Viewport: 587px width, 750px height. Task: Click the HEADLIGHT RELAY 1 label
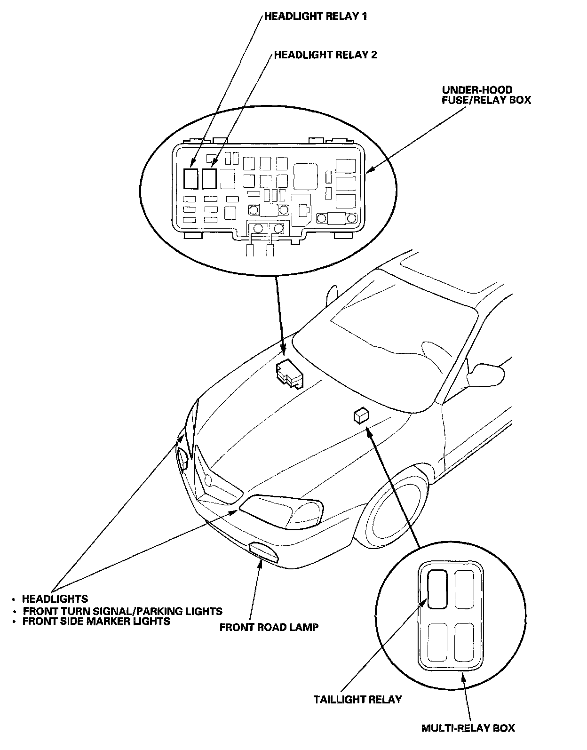tap(315, 16)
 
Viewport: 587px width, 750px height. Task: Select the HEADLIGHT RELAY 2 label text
tap(325, 55)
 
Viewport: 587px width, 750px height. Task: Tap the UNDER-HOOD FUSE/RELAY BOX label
tap(486, 95)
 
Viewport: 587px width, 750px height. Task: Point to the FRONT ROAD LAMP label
tap(269, 627)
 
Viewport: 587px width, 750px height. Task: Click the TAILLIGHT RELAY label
tap(357, 699)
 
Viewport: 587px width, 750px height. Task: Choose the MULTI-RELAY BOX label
tap(468, 728)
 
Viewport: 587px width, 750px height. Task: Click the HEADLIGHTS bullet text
tap(55, 599)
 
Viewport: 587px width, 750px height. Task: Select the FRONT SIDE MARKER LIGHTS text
tap(96, 621)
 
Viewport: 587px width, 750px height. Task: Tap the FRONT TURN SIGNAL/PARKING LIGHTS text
tap(122, 611)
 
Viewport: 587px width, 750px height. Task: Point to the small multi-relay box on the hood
tap(361, 415)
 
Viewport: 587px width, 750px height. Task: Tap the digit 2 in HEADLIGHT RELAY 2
tap(373, 55)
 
